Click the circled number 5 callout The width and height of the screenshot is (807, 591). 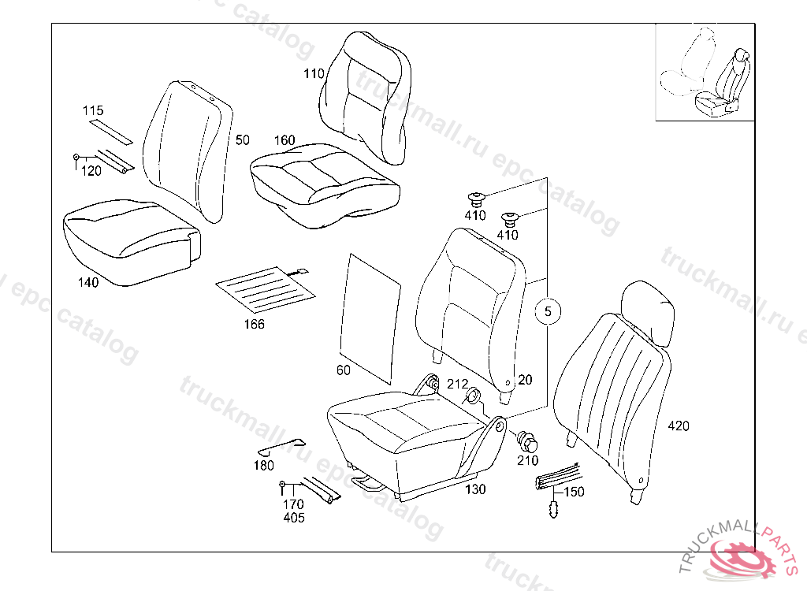[549, 312]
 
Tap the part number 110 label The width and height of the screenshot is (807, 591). [314, 74]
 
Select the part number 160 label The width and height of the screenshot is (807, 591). [284, 140]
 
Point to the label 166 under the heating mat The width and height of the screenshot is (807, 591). [254, 324]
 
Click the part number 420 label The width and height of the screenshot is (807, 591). [678, 426]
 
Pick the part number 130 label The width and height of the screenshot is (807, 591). [475, 489]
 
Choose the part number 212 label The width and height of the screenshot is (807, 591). [457, 385]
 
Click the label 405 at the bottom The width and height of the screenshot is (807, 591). [293, 518]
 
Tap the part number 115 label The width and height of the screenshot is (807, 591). [93, 111]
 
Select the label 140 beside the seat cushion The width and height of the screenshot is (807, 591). [88, 283]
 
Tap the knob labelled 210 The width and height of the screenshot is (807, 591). [526, 439]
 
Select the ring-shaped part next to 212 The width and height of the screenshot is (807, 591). [475, 396]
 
